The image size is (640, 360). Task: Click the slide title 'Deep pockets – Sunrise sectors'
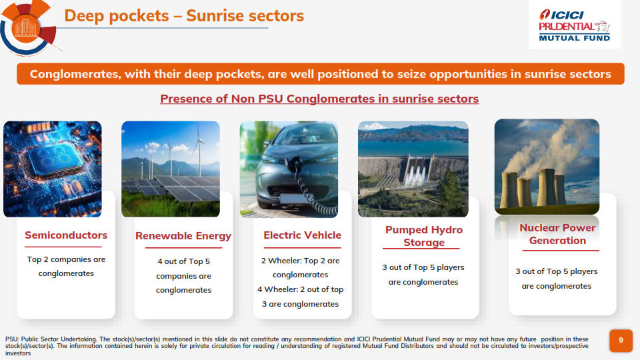click(184, 16)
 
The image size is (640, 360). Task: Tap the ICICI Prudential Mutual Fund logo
click(574, 25)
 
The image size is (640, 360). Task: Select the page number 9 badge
click(621, 341)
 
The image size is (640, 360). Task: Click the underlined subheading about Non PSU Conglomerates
click(319, 99)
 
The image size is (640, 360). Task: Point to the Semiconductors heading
click(66, 235)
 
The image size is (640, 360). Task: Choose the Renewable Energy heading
click(183, 236)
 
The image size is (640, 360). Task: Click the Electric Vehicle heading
click(302, 235)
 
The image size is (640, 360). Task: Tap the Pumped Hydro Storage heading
click(424, 236)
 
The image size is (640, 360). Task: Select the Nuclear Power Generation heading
click(557, 234)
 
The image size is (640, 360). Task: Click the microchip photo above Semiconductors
click(53, 169)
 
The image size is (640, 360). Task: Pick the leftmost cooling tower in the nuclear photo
click(509, 190)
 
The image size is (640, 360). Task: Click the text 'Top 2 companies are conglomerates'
click(66, 267)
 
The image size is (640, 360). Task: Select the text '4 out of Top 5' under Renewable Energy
click(184, 261)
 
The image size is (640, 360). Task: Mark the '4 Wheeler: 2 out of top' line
click(301, 289)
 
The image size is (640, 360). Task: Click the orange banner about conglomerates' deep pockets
click(321, 74)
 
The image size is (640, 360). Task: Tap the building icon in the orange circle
click(26, 29)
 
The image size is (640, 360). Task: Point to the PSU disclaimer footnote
click(297, 346)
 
